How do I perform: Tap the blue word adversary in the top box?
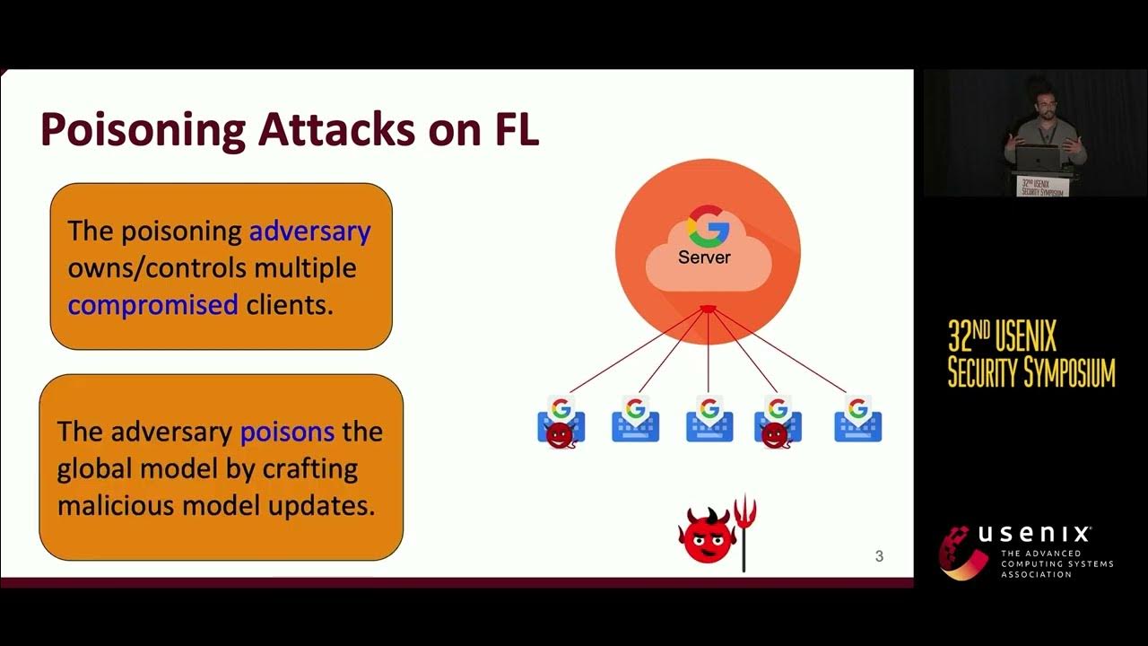309,231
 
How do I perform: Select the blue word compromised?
152,305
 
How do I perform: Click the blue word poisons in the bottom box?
287,432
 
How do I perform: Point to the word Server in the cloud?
704,258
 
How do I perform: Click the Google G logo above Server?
708,225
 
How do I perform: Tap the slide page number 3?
879,556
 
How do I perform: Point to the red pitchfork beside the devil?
744,529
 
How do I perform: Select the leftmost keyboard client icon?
561,422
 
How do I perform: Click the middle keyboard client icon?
709,422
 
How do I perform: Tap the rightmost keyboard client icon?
857,422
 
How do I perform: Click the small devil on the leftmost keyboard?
560,436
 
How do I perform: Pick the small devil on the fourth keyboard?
774,436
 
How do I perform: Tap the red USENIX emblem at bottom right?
963,552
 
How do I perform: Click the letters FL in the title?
516,130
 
